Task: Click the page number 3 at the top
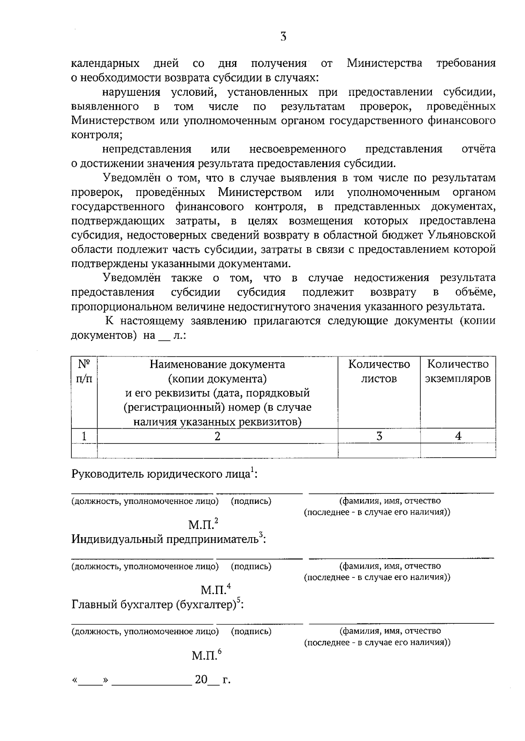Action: [x=283, y=37]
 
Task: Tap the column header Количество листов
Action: [x=379, y=371]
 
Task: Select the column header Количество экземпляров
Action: [x=458, y=371]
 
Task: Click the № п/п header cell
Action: [x=84, y=371]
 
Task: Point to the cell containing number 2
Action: [x=217, y=436]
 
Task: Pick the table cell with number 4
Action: [x=458, y=436]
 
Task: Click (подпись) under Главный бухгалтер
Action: [x=251, y=631]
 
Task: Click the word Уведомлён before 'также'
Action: [x=132, y=278]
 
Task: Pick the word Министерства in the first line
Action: [x=385, y=63]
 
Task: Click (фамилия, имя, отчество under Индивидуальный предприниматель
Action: [x=390, y=566]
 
